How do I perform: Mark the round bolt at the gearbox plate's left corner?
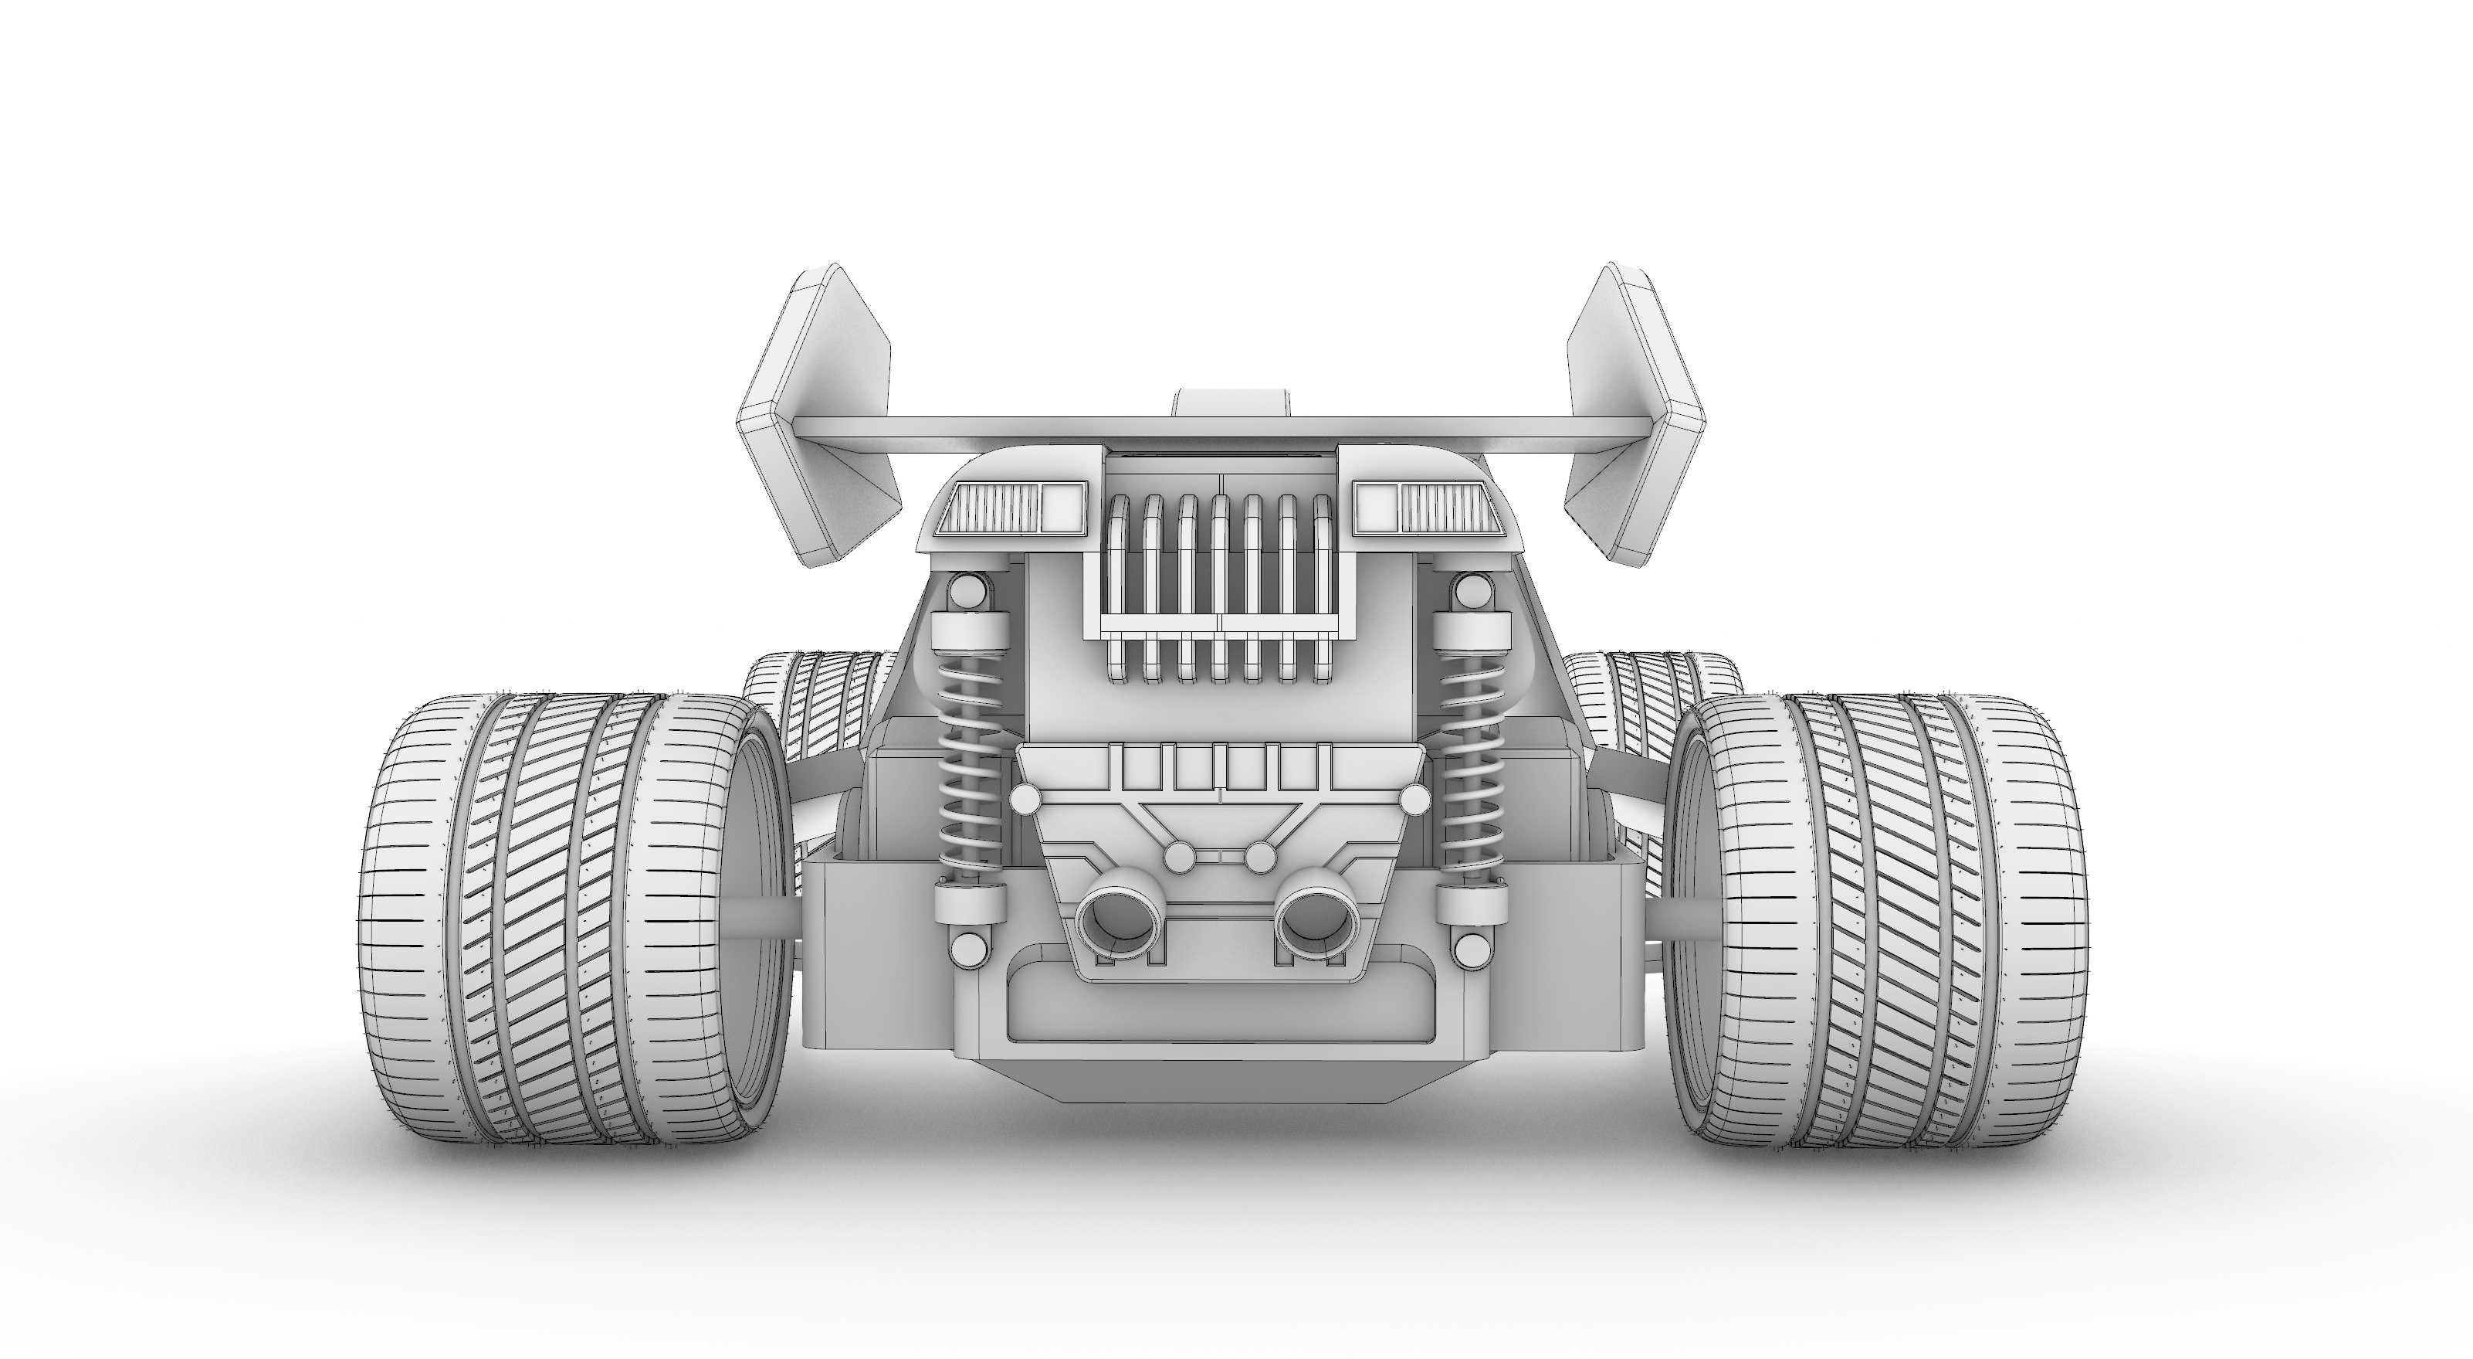tap(1025, 799)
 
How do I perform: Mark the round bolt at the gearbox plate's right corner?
tap(1413, 799)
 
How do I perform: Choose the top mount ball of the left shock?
tap(967, 593)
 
